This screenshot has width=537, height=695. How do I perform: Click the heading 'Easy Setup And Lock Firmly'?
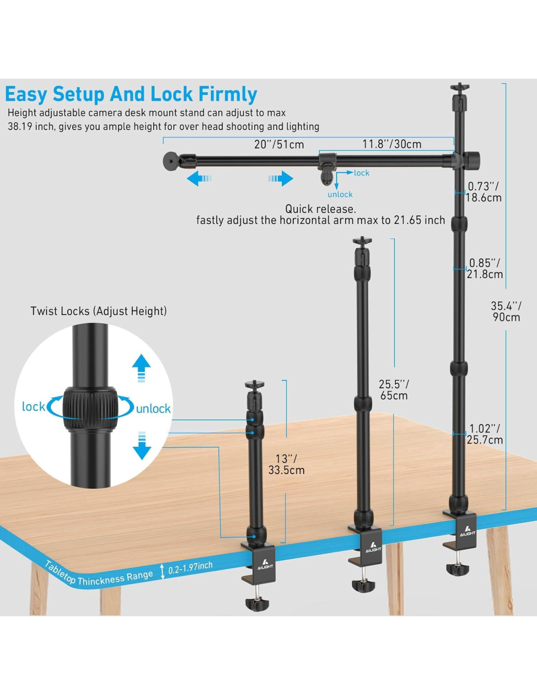[x=131, y=94]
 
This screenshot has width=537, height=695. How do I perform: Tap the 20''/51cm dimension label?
[x=279, y=145]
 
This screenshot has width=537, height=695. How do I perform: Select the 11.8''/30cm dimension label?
[x=392, y=144]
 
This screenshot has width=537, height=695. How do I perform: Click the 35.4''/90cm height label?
[x=506, y=311]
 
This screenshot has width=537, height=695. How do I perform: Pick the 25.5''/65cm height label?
[x=394, y=390]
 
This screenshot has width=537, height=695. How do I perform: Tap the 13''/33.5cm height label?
[x=286, y=464]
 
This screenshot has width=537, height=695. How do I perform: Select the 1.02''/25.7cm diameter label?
[x=485, y=434]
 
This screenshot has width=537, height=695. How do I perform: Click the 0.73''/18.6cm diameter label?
[x=483, y=192]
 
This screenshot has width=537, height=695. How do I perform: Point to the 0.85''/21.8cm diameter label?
[x=485, y=269]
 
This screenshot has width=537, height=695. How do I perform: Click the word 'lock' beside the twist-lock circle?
[x=34, y=407]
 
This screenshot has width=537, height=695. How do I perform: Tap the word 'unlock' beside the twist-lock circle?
[x=153, y=409]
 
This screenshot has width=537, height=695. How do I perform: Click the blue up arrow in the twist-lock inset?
[x=142, y=367]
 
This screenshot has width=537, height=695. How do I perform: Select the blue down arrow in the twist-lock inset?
[x=142, y=446]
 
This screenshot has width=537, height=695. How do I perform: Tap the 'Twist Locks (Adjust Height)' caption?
[x=99, y=311]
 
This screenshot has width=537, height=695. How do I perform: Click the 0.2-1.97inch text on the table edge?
[x=190, y=567]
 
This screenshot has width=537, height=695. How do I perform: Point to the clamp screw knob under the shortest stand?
[x=257, y=604]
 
